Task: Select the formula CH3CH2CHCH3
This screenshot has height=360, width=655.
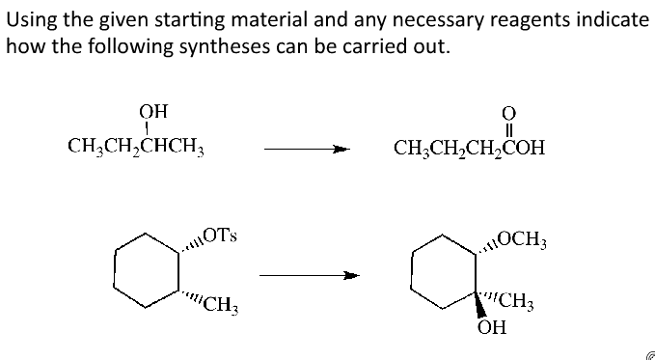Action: (139, 149)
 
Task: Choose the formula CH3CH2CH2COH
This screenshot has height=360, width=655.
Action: (469, 150)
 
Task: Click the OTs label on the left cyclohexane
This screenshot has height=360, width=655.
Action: (223, 235)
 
